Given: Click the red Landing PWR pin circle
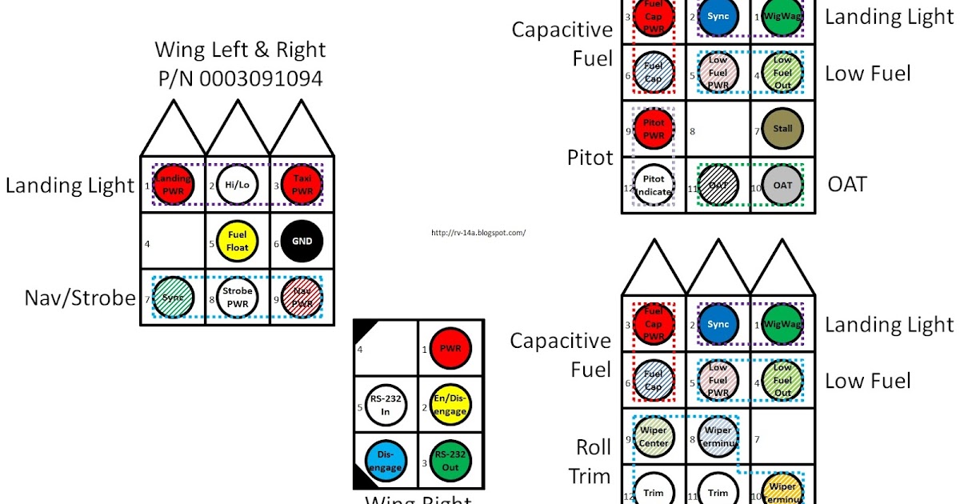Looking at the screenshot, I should coord(174,185).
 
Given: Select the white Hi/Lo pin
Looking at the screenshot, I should coord(238,185).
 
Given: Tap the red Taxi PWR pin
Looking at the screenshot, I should coord(302,185).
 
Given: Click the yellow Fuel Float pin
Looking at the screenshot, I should coord(238,241).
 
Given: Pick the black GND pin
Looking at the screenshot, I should coord(302,241).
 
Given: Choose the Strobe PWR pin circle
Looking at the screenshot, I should coord(238,297).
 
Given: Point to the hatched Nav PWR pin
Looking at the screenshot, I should coord(302,297).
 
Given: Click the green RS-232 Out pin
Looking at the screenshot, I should coord(450,462).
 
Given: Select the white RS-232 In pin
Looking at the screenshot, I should coord(386,406).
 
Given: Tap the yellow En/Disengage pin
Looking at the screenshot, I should coord(450,406).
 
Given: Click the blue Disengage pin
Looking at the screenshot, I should coord(386,462).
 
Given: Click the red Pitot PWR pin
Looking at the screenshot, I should coord(654,129).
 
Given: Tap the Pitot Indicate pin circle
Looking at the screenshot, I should coord(654,186).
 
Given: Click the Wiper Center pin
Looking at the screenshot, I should coord(654,437).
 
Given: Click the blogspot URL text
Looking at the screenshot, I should coord(478,233).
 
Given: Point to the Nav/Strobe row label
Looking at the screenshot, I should coord(79,298).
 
